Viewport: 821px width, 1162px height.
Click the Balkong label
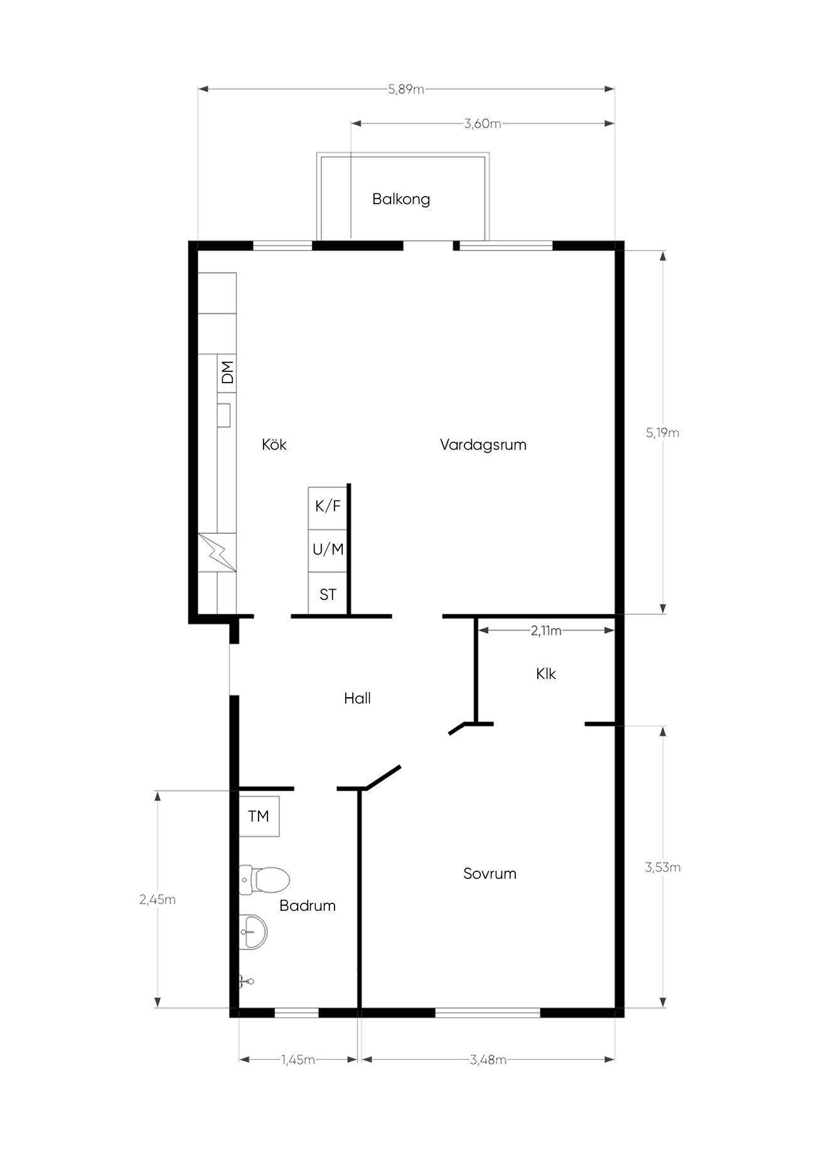click(401, 200)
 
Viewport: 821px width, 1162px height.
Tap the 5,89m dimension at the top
click(406, 89)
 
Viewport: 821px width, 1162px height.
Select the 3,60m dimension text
click(483, 124)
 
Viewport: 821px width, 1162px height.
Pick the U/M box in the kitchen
click(328, 550)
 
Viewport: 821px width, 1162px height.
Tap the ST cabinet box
click(328, 594)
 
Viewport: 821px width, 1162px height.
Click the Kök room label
click(274, 445)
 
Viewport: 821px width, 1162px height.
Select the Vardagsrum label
click(483, 445)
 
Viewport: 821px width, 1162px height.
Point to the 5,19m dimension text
click(662, 433)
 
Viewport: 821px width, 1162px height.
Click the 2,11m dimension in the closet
click(546, 631)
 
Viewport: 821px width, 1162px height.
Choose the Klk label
click(546, 674)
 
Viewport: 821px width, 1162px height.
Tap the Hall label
click(357, 698)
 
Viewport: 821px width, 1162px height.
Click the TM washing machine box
click(259, 816)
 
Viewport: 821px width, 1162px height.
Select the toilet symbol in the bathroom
click(264, 879)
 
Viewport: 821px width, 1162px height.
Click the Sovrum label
click(490, 874)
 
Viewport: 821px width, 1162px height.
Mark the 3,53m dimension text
click(663, 867)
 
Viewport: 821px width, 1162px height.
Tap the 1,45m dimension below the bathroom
click(298, 1060)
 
